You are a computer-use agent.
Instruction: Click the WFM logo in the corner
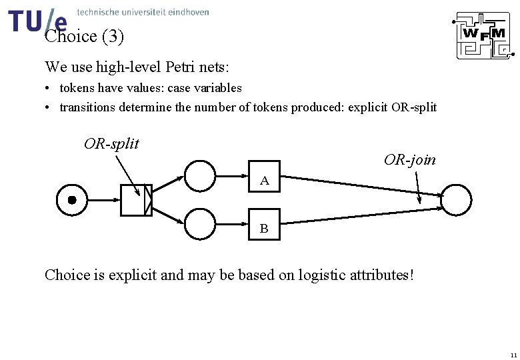point(482,35)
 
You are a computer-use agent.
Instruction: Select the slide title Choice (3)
point(84,37)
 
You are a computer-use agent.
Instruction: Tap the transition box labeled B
point(265,225)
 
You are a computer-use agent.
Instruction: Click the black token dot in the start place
point(72,200)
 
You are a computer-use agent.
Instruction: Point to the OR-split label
point(111,143)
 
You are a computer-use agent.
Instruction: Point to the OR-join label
point(410,160)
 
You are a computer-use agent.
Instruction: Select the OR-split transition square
point(136,200)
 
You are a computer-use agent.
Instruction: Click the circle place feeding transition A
point(200,177)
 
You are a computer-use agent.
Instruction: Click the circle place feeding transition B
point(200,224)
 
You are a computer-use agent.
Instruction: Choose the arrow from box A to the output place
point(360,186)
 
